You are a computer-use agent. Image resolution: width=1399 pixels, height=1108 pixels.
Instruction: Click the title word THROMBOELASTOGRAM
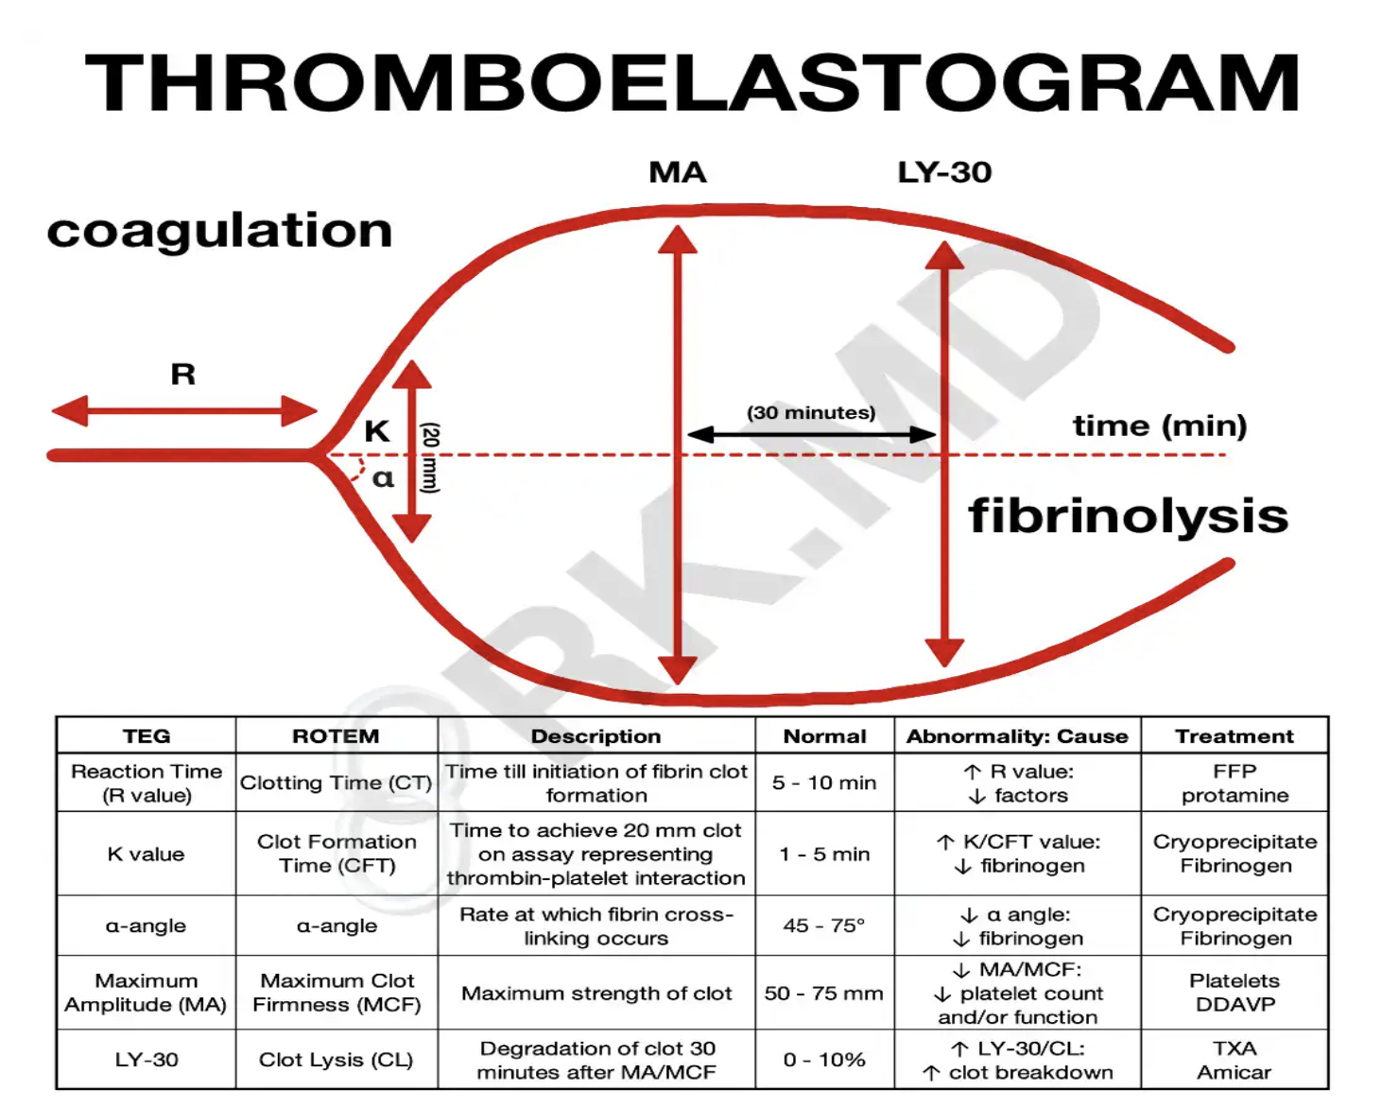(x=692, y=83)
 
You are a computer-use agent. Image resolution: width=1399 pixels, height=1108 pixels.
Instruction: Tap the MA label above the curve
(x=677, y=172)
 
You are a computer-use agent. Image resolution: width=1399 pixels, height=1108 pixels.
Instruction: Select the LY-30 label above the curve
(x=943, y=172)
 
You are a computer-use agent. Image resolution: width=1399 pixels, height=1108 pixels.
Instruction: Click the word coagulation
(x=219, y=231)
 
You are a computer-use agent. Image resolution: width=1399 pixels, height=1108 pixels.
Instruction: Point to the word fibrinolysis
(x=1128, y=516)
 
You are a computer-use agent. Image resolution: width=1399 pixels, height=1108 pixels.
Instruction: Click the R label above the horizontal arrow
(x=183, y=374)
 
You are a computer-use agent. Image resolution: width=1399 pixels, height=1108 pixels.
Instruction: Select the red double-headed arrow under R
(x=184, y=411)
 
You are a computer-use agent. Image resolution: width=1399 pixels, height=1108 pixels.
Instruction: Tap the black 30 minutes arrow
(x=811, y=435)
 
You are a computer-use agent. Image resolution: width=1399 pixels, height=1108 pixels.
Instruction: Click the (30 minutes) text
(x=811, y=413)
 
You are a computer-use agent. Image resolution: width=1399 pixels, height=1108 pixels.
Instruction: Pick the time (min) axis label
(x=1160, y=426)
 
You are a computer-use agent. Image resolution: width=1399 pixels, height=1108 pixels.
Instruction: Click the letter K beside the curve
(x=376, y=431)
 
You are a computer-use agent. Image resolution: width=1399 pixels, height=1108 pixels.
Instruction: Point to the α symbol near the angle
(x=383, y=477)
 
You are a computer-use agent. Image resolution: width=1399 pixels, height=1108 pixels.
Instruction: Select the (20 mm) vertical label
(x=430, y=458)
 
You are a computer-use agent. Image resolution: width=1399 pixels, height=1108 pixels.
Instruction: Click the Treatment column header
(x=1234, y=736)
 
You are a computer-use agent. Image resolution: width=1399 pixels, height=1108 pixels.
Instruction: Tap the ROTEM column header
(x=336, y=736)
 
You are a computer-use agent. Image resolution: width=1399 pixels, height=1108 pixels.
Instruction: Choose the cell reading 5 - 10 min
(x=824, y=783)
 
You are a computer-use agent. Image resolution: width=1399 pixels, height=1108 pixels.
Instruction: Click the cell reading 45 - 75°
(x=824, y=926)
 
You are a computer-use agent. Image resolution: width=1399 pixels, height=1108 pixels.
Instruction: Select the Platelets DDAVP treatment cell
(x=1234, y=992)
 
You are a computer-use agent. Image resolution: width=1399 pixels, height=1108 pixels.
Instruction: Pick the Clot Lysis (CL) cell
(x=336, y=1060)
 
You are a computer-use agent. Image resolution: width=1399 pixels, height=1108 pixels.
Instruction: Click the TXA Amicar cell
(x=1234, y=1060)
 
